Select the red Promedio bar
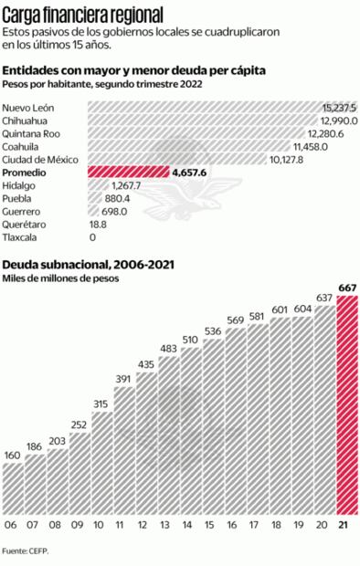pos(128,172)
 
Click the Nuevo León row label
pos(29,108)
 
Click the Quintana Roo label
pos(32,133)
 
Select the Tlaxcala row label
pos(21,236)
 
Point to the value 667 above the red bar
pos(346,289)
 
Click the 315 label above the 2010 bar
pos(101,404)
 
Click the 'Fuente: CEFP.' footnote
pos(26,550)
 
